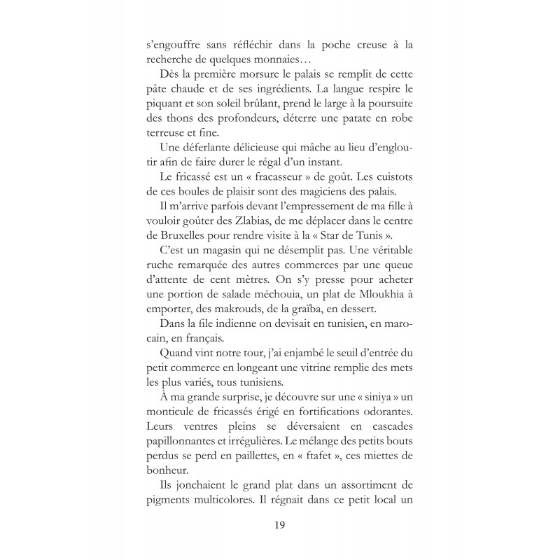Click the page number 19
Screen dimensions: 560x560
(x=280, y=523)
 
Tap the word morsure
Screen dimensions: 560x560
(x=258, y=78)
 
